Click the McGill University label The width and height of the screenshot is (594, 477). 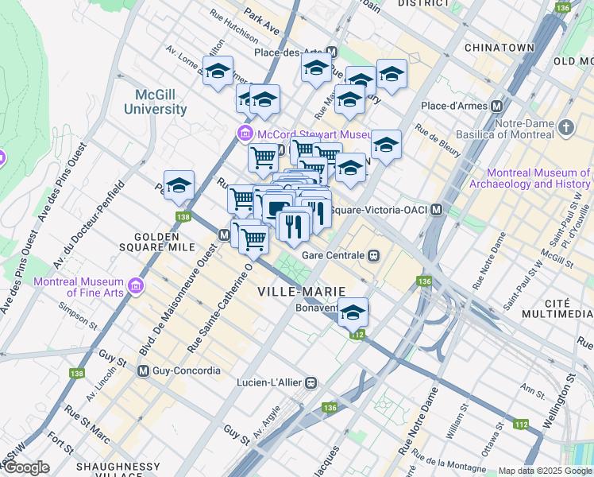coord(160,102)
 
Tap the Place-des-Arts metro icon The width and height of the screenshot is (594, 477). coord(331,52)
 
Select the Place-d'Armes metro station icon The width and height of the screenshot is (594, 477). coord(497,106)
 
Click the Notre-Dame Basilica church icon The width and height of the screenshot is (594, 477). coord(565,127)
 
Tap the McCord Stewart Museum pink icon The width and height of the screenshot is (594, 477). coord(244,134)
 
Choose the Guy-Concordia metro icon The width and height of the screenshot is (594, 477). coord(144,370)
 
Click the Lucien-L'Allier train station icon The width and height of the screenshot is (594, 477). coord(312,382)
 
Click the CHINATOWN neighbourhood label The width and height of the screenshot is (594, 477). coord(499,48)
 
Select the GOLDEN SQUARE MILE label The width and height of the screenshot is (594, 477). coord(164,242)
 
